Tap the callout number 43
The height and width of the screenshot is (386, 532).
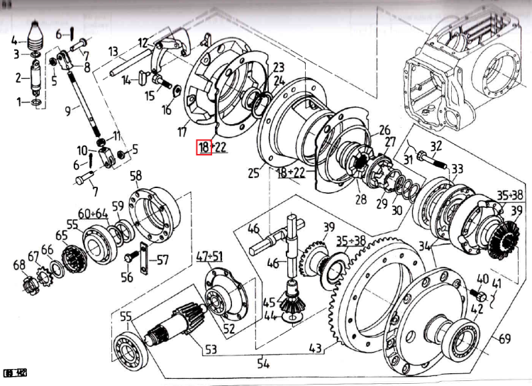(x=315, y=348)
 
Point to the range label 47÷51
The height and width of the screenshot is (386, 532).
(x=209, y=255)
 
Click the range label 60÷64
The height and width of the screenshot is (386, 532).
(x=94, y=214)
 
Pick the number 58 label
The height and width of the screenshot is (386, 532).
(x=135, y=176)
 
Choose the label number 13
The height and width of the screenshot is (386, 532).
(x=113, y=51)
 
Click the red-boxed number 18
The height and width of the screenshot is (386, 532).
(x=204, y=148)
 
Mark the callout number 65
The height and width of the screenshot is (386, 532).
(x=62, y=235)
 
